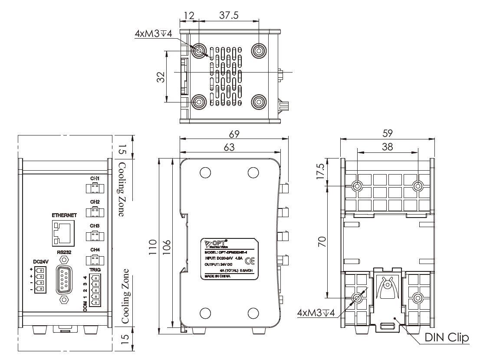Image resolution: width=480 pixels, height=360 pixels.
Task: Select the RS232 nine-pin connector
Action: [x=64, y=278]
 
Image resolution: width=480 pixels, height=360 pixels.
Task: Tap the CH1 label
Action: [x=95, y=179]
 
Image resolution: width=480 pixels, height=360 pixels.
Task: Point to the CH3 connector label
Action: [x=95, y=226]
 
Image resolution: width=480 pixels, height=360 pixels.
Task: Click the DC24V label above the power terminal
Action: [x=40, y=261]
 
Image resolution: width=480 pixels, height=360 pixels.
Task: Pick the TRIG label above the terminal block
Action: [x=95, y=270]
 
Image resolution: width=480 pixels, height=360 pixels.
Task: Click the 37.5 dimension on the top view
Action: [x=229, y=15]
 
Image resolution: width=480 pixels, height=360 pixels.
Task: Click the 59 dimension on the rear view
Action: [x=388, y=134]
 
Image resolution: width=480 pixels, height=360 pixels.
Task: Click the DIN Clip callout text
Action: [x=447, y=337]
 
